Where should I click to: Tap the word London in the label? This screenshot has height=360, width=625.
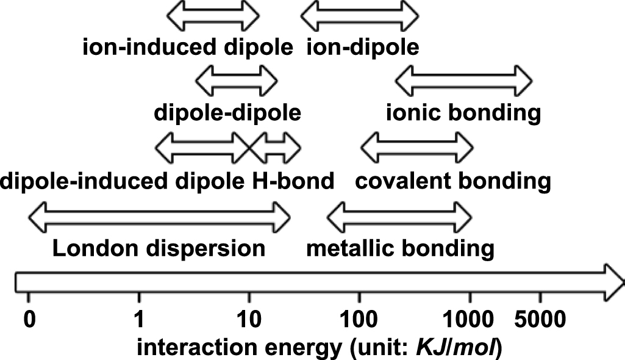tap(90, 249)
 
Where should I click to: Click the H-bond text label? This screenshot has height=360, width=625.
tap(293, 181)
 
